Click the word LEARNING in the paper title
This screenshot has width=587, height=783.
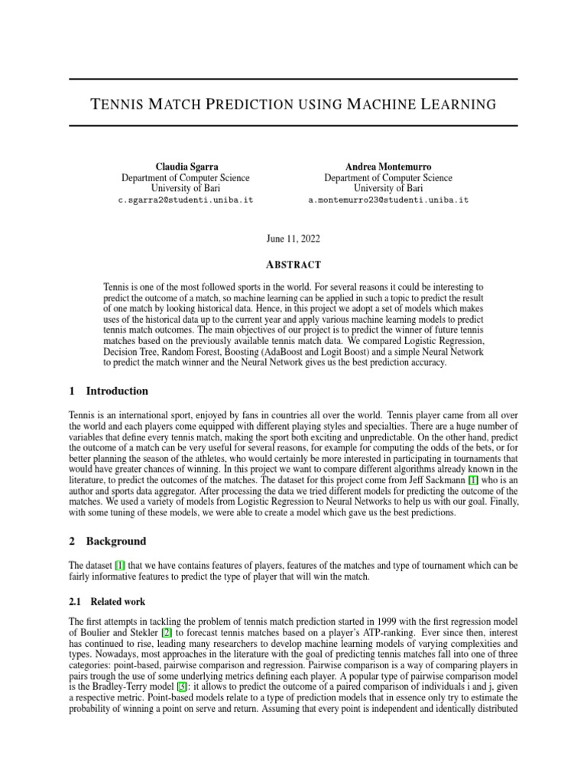[x=453, y=103]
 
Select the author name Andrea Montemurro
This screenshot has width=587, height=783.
[x=388, y=167]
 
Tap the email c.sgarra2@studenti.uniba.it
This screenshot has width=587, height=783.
[x=185, y=200]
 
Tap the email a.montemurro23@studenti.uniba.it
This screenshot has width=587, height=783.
[x=388, y=200]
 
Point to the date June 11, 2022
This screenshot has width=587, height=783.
[x=293, y=239]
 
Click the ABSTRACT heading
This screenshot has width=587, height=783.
[x=293, y=265]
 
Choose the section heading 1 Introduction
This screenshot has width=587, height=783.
[x=109, y=391]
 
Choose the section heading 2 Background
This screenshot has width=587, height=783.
[x=107, y=541]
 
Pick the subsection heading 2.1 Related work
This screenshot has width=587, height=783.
[x=107, y=602]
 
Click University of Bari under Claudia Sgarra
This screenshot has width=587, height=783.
[x=185, y=188]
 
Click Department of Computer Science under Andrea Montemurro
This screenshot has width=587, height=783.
[x=388, y=177]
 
